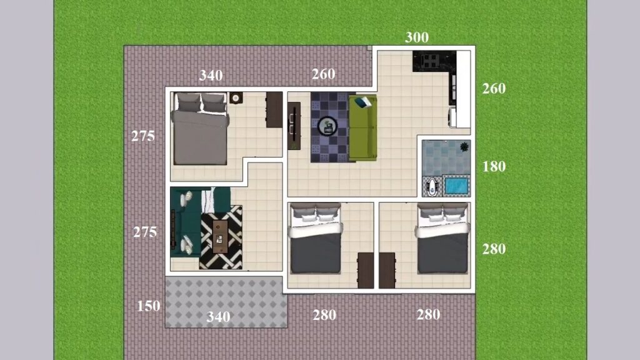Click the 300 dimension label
pyautogui.click(x=417, y=37)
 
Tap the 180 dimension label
pyautogui.click(x=494, y=167)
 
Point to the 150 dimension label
pyautogui.click(x=149, y=306)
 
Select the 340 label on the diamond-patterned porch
pyautogui.click(x=218, y=317)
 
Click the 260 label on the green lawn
pyautogui.click(x=494, y=89)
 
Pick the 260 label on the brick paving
pyautogui.click(x=323, y=74)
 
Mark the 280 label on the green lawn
pyautogui.click(x=494, y=249)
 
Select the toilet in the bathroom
pyautogui.click(x=432, y=187)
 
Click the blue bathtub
pyautogui.click(x=456, y=186)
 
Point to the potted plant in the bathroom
pyautogui.click(x=464, y=147)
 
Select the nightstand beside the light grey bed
pyautogui.click(x=236, y=98)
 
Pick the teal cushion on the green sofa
pyautogui.click(x=364, y=102)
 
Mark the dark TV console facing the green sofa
pyautogui.click(x=294, y=126)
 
